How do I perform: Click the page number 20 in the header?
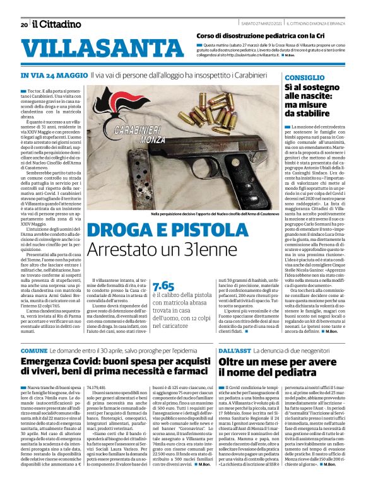click(24, 25)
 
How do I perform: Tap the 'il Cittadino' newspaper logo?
click(57, 25)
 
